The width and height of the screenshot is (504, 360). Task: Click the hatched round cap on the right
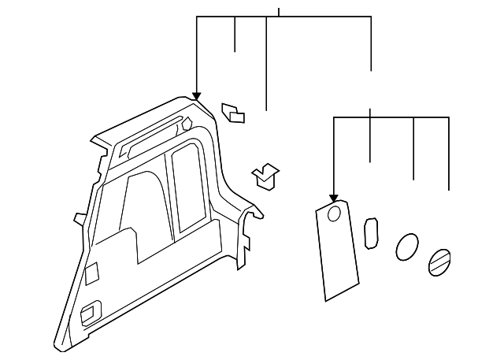coord(439,261)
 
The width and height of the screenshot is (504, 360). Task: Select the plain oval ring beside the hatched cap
coord(407,247)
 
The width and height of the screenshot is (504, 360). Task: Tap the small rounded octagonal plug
coord(371,234)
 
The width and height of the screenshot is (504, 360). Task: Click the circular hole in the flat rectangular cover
coord(333,213)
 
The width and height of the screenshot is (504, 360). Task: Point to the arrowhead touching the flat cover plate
coord(334,197)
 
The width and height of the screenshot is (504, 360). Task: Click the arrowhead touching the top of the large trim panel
coord(196,97)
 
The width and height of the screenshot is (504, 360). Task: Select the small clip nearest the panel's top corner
coord(233,113)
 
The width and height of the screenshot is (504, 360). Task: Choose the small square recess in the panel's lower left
coord(92,272)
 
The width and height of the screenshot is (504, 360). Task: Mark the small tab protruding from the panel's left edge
coord(79,217)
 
